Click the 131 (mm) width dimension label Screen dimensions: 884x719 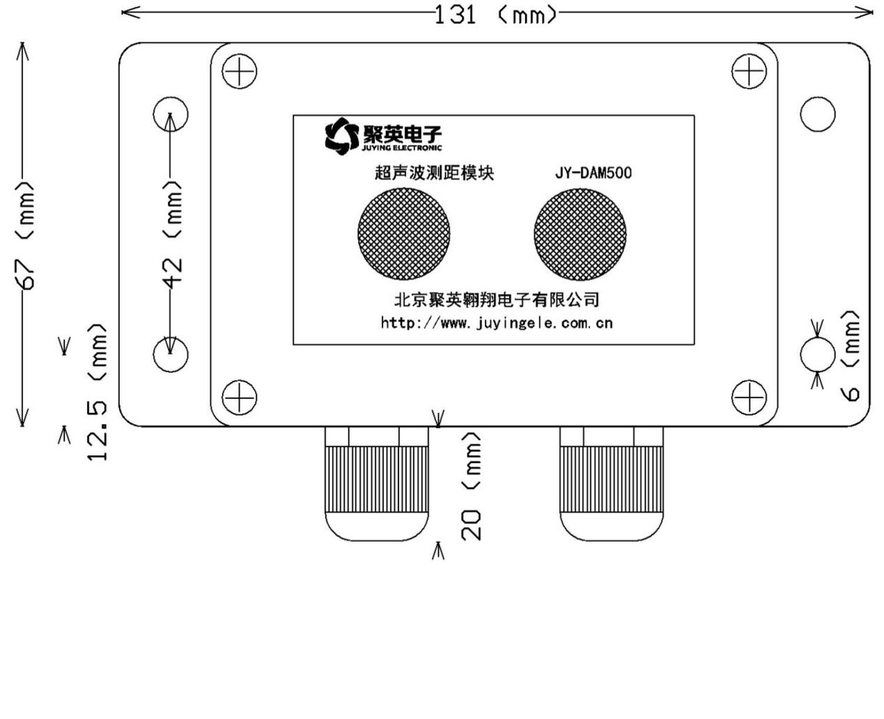tap(496, 15)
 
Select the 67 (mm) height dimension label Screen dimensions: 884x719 tap(24, 235)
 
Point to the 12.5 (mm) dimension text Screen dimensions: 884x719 tap(97, 392)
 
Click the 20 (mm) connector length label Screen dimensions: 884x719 tap(471, 487)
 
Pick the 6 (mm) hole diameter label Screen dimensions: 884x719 tap(849, 356)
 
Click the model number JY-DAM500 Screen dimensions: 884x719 tap(593, 173)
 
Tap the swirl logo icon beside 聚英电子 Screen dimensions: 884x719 tap(342, 136)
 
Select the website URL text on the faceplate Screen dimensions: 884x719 tap(497, 323)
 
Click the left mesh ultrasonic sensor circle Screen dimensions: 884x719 tap(404, 234)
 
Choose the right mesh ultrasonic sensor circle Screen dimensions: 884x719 tap(580, 235)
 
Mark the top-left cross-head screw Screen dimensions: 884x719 tap(239, 71)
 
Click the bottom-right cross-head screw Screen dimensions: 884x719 tap(748, 397)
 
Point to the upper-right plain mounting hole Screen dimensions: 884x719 tap(817, 114)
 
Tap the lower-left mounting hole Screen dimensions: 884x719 tap(171, 355)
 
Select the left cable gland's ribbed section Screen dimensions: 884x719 tap(376, 479)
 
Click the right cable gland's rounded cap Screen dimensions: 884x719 tap(611, 527)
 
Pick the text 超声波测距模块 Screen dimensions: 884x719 tap(434, 173)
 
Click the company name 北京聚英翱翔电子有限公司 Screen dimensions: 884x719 tap(497, 299)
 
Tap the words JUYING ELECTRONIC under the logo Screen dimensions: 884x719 tap(401, 147)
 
